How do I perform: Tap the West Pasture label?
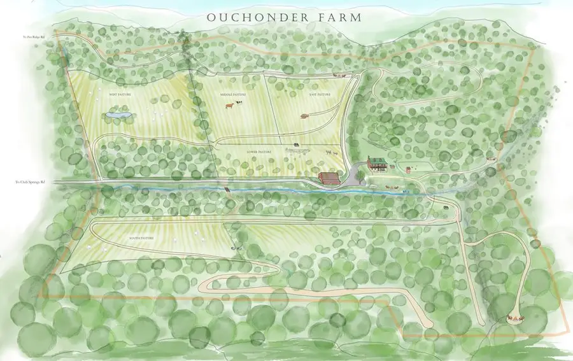(x=120, y=94)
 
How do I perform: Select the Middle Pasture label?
(x=233, y=95)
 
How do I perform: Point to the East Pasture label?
(x=320, y=94)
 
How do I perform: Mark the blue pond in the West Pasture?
(x=119, y=115)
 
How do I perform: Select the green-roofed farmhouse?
(x=376, y=164)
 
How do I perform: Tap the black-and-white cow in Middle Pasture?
(x=239, y=102)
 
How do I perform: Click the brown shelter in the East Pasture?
(x=304, y=116)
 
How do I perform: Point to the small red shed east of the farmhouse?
(x=407, y=169)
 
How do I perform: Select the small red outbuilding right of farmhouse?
(x=407, y=169)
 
